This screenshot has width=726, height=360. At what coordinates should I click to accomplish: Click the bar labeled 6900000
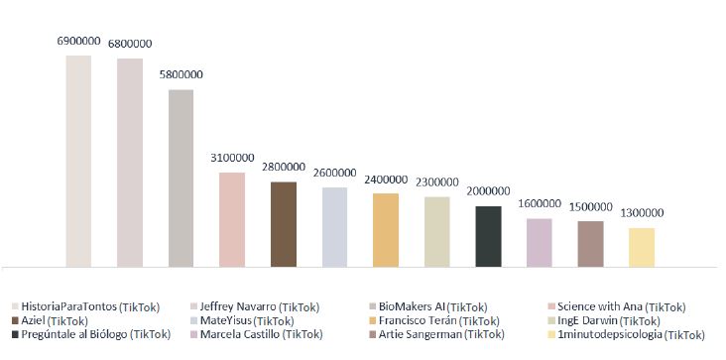[x=78, y=161]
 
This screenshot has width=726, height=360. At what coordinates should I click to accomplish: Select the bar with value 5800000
[x=181, y=179]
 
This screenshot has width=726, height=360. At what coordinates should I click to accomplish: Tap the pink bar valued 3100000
[x=232, y=219]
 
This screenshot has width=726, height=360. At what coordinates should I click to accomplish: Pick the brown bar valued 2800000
[x=284, y=224]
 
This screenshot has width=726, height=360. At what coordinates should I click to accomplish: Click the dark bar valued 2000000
[x=488, y=236]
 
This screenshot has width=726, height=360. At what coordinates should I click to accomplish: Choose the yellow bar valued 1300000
[x=642, y=247]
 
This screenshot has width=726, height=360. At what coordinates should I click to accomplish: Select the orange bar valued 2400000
[x=386, y=229]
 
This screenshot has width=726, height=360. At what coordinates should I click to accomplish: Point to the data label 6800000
[x=130, y=44]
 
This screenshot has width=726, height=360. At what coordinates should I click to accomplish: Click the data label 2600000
[x=334, y=173]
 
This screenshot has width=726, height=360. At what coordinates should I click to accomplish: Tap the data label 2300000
[x=436, y=182]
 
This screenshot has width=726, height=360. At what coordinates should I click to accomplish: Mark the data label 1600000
[x=539, y=204]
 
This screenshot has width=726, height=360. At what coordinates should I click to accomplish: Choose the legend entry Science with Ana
[x=621, y=307]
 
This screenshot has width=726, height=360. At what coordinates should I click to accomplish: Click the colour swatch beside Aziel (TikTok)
[x=15, y=321]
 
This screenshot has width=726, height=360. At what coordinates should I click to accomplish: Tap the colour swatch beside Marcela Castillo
[x=193, y=335]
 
